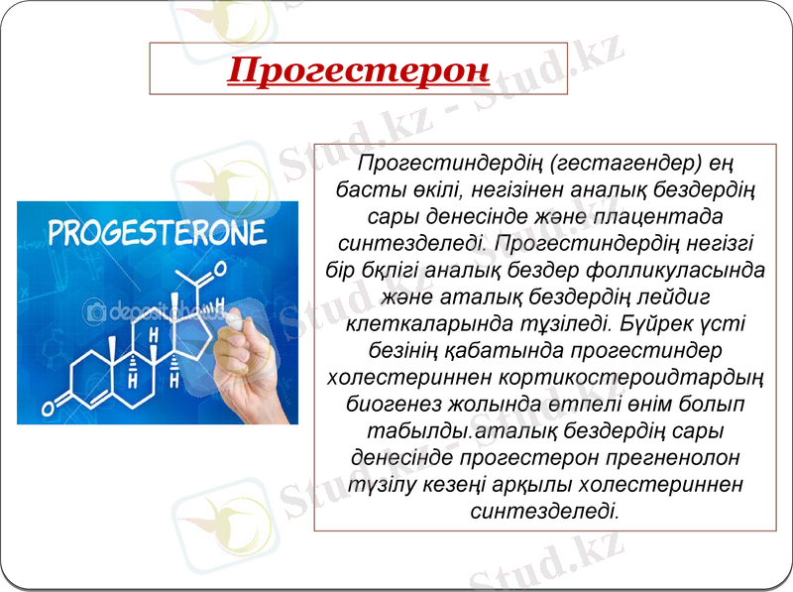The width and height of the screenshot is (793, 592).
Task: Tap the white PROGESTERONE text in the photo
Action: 158,233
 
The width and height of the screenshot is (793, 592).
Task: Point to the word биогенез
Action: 397,405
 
